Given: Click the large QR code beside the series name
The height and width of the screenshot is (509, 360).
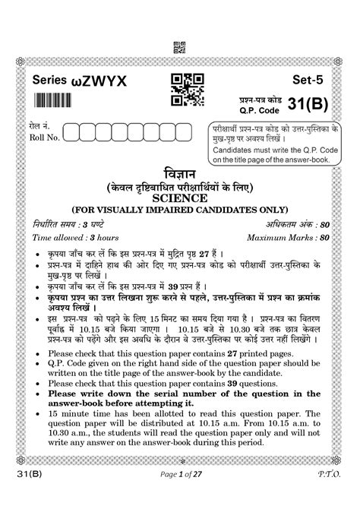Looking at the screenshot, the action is [x=187, y=90].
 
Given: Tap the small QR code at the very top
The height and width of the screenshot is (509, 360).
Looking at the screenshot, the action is [x=180, y=46].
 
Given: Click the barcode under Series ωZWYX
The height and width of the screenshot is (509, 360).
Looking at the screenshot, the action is [x=58, y=100].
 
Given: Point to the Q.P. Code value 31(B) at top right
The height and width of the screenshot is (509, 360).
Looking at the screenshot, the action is [x=315, y=106].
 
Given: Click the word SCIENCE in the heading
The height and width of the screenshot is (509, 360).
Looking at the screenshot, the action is [x=180, y=197].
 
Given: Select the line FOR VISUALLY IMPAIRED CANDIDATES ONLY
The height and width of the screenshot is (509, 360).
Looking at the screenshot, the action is [x=180, y=209].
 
